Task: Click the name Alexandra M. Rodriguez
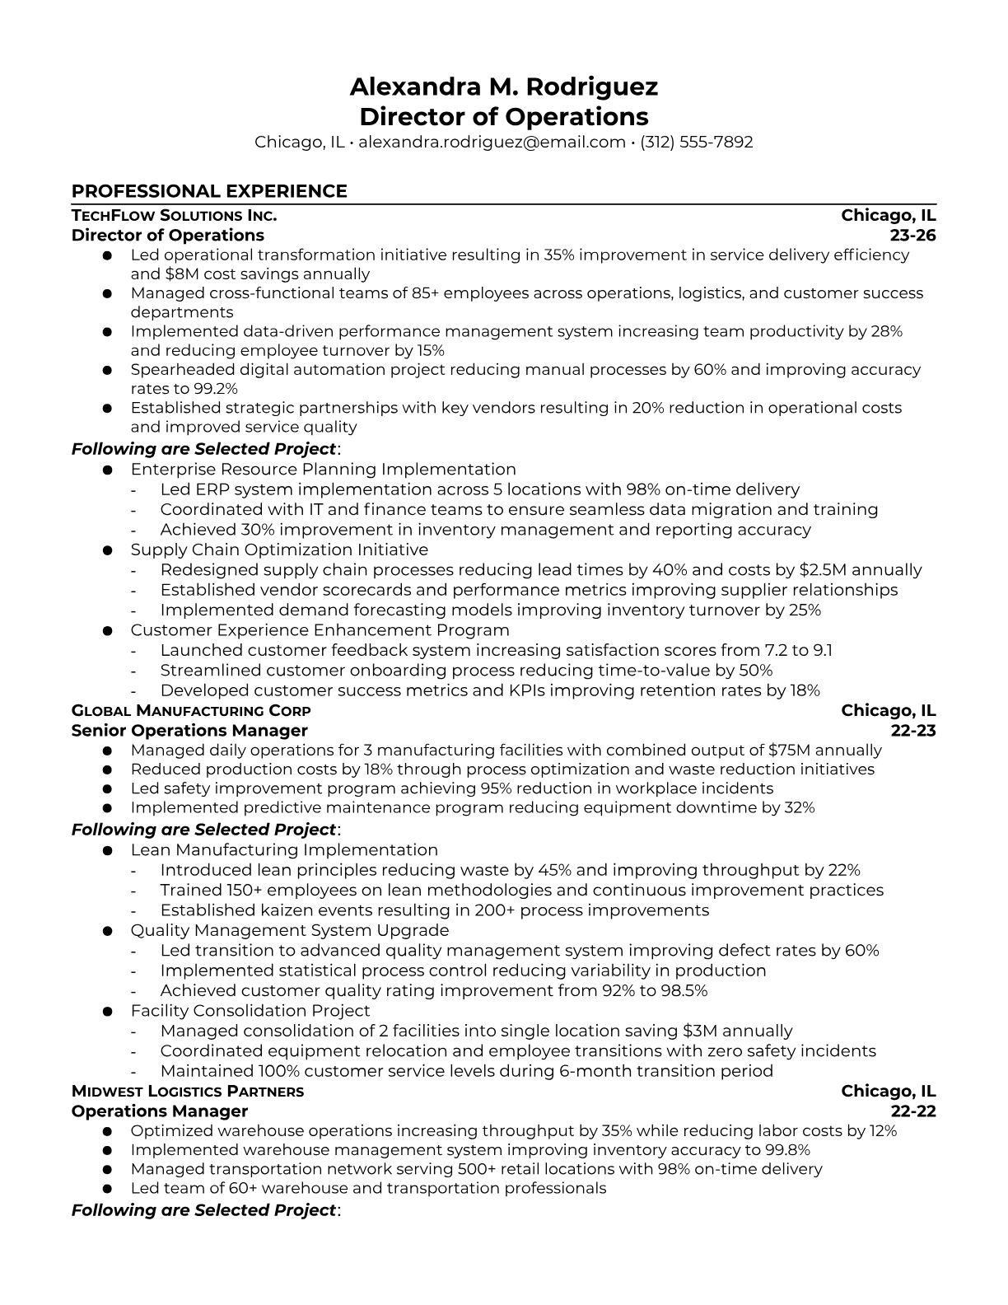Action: [503, 87]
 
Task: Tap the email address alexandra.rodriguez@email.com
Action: [492, 142]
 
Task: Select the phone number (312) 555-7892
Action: [696, 142]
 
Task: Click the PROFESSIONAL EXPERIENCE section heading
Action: [209, 191]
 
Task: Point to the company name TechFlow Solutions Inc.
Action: [174, 216]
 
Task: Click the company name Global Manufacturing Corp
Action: [191, 711]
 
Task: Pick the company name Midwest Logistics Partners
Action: [188, 1092]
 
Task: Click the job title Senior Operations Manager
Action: [189, 731]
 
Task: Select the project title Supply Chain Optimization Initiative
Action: [279, 550]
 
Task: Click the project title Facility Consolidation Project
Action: [250, 1011]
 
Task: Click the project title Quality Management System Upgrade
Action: [290, 930]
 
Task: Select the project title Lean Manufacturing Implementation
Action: [284, 850]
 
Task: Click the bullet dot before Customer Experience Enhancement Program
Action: [107, 631]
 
